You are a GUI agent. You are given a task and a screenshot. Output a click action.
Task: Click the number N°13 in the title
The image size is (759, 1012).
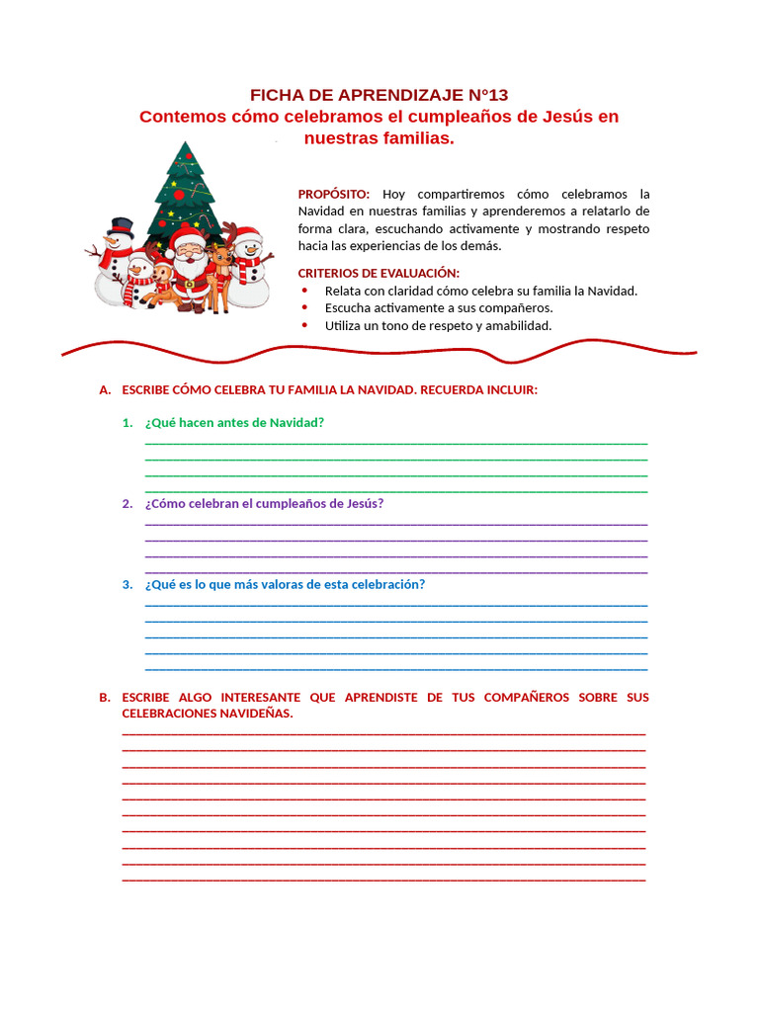[x=482, y=95]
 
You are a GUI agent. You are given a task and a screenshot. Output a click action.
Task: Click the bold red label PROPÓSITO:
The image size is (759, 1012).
[x=334, y=194]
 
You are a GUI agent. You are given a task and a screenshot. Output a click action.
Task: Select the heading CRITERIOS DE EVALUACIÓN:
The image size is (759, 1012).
[x=379, y=273]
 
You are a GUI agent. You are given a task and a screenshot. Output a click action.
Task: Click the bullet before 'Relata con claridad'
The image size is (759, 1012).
[x=304, y=291]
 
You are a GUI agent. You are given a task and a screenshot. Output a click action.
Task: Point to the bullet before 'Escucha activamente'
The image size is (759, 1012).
[x=304, y=307]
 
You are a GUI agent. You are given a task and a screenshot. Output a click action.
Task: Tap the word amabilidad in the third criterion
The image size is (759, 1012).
[x=518, y=325]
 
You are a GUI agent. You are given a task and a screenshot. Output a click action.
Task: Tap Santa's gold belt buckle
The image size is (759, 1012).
[x=189, y=283]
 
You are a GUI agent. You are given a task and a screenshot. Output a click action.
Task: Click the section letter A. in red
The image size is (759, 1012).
[x=105, y=389]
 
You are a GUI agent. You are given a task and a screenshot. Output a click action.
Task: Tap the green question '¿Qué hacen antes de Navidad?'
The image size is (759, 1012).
[x=234, y=422]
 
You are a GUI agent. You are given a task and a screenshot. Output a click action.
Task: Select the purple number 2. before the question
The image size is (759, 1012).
[x=127, y=503]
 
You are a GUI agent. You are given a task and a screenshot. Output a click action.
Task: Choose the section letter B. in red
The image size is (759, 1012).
[x=105, y=697]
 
